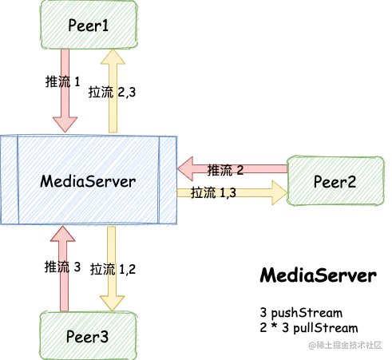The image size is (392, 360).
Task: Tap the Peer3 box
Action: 89,336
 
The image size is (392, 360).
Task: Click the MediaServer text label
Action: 88,181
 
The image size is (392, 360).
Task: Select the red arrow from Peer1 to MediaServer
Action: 64,88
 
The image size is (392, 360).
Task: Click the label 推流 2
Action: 225,169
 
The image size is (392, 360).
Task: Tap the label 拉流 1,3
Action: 214,192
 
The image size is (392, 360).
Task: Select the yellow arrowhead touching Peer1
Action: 113,57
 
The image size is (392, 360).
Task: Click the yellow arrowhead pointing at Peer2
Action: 279,192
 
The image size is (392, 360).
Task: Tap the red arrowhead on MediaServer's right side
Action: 187,169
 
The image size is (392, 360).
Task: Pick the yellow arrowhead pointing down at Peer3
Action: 113,302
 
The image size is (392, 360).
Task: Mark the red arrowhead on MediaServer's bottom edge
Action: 64,234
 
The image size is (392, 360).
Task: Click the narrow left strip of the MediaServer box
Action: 9,181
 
